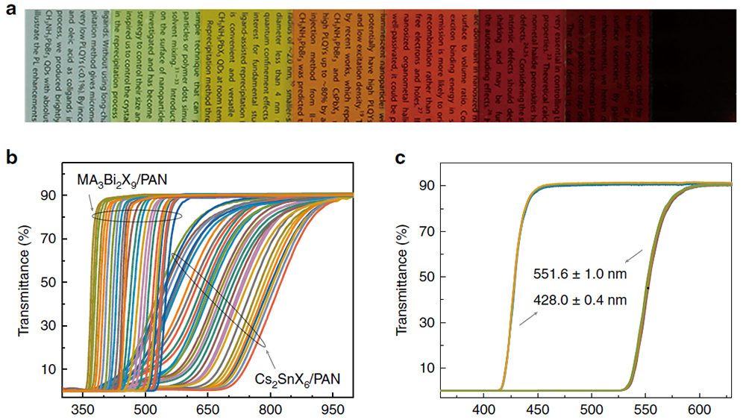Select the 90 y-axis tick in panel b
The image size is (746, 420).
point(50,195)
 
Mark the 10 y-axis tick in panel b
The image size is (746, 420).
point(50,369)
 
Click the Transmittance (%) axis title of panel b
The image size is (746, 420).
point(23,283)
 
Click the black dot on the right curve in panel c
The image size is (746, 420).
point(648,288)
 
